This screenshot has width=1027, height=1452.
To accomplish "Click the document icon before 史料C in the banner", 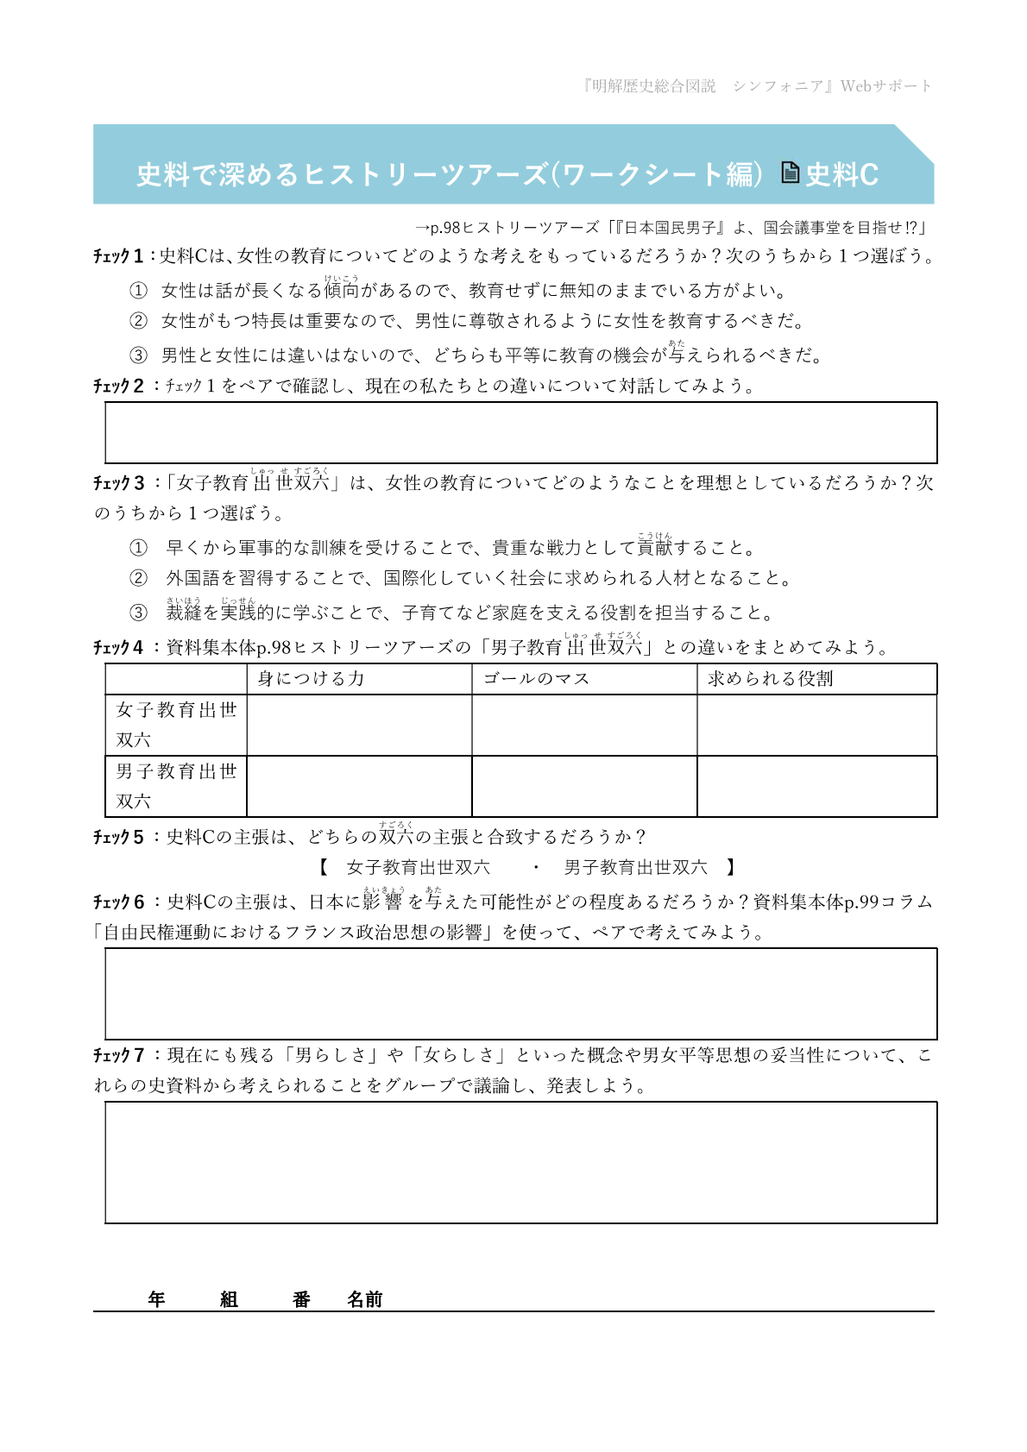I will tap(790, 173).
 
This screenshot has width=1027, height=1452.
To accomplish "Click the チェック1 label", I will tap(118, 256).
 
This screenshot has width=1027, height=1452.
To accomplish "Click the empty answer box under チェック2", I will tap(520, 432).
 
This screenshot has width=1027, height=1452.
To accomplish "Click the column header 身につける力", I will tap(311, 679).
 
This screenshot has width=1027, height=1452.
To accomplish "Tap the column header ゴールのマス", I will tap(536, 679).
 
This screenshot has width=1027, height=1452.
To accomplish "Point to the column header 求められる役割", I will tap(770, 679).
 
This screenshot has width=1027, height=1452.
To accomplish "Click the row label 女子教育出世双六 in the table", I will tap(176, 725).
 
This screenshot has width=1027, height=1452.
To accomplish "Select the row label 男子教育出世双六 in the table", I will tap(176, 786).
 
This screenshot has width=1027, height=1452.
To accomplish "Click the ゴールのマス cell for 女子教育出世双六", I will tap(584, 725).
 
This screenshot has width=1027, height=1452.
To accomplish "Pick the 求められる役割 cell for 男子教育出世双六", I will tap(816, 786).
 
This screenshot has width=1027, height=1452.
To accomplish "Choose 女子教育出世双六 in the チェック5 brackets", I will tap(418, 867).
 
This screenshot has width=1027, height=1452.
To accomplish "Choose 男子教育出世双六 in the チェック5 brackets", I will tap(635, 867).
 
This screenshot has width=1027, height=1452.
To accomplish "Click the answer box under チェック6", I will tap(520, 994).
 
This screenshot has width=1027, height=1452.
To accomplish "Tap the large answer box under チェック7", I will tap(520, 1162).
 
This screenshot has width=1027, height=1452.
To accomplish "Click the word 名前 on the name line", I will tap(364, 1299).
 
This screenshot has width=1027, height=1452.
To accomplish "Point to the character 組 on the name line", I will tap(229, 1299).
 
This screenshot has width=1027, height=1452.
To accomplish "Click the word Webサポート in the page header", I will tap(886, 86).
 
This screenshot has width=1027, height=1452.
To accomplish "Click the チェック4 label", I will tap(118, 647).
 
